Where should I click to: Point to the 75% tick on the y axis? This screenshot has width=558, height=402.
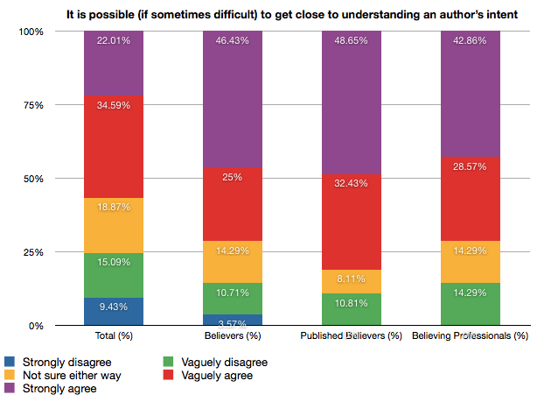(x=33, y=104)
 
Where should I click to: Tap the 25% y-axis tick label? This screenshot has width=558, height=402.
(x=33, y=251)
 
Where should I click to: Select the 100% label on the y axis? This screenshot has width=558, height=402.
(x=31, y=31)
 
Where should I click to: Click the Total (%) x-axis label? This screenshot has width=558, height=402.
(x=114, y=335)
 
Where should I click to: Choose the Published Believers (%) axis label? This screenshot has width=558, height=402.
(x=351, y=335)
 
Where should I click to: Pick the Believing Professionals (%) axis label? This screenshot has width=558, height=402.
(x=470, y=335)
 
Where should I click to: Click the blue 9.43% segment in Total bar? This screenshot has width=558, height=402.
(x=114, y=312)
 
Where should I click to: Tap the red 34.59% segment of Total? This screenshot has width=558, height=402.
(x=114, y=146)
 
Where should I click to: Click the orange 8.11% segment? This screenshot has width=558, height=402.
(x=352, y=281)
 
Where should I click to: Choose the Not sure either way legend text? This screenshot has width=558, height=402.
(x=73, y=375)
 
